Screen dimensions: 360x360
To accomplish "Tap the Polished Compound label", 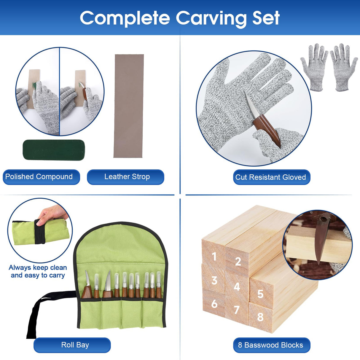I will click(39, 177).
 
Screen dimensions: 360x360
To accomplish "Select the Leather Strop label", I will click(127, 177).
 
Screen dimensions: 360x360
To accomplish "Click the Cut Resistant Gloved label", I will click(270, 177).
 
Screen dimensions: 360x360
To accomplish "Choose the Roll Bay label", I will click(75, 345).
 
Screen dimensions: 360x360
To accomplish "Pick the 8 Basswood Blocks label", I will click(270, 345).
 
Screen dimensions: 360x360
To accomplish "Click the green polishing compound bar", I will click(54, 149).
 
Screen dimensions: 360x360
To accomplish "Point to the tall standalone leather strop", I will click(129, 106).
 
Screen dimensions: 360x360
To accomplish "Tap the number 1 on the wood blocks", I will click(214, 257).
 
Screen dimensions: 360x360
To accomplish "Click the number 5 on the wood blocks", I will click(260, 294).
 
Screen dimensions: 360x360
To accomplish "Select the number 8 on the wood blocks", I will click(260, 317).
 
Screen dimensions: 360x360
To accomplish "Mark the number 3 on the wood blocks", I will click(214, 281).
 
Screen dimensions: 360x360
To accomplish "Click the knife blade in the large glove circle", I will click(250, 105).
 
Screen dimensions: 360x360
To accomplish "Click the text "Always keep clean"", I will click(38, 268).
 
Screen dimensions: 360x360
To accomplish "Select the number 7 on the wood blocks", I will click(236, 310).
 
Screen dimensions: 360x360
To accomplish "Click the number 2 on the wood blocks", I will click(238, 262).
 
